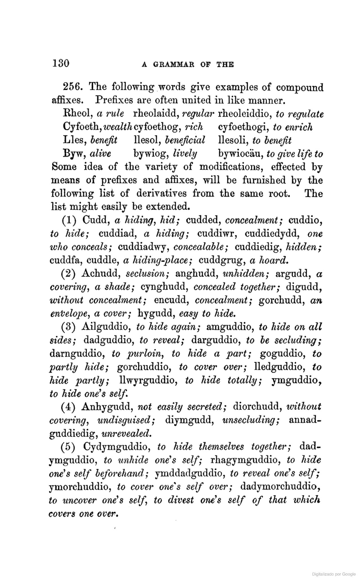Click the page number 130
tap(60, 63)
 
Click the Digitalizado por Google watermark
tap(334, 574)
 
